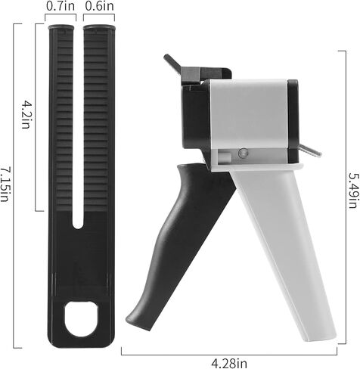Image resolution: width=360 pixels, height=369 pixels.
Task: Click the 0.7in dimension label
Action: tap(61, 6)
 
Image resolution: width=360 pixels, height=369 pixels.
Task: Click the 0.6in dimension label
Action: tap(99, 6)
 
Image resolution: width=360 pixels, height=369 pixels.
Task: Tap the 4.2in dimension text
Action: tap(26, 114)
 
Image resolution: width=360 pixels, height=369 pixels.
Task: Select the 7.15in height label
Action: tap(5, 183)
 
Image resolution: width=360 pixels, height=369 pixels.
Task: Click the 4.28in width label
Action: tap(229, 363)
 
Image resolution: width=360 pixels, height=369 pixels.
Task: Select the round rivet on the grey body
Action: tap(244, 153)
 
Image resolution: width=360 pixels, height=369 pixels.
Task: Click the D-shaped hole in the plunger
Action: tap(81, 318)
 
